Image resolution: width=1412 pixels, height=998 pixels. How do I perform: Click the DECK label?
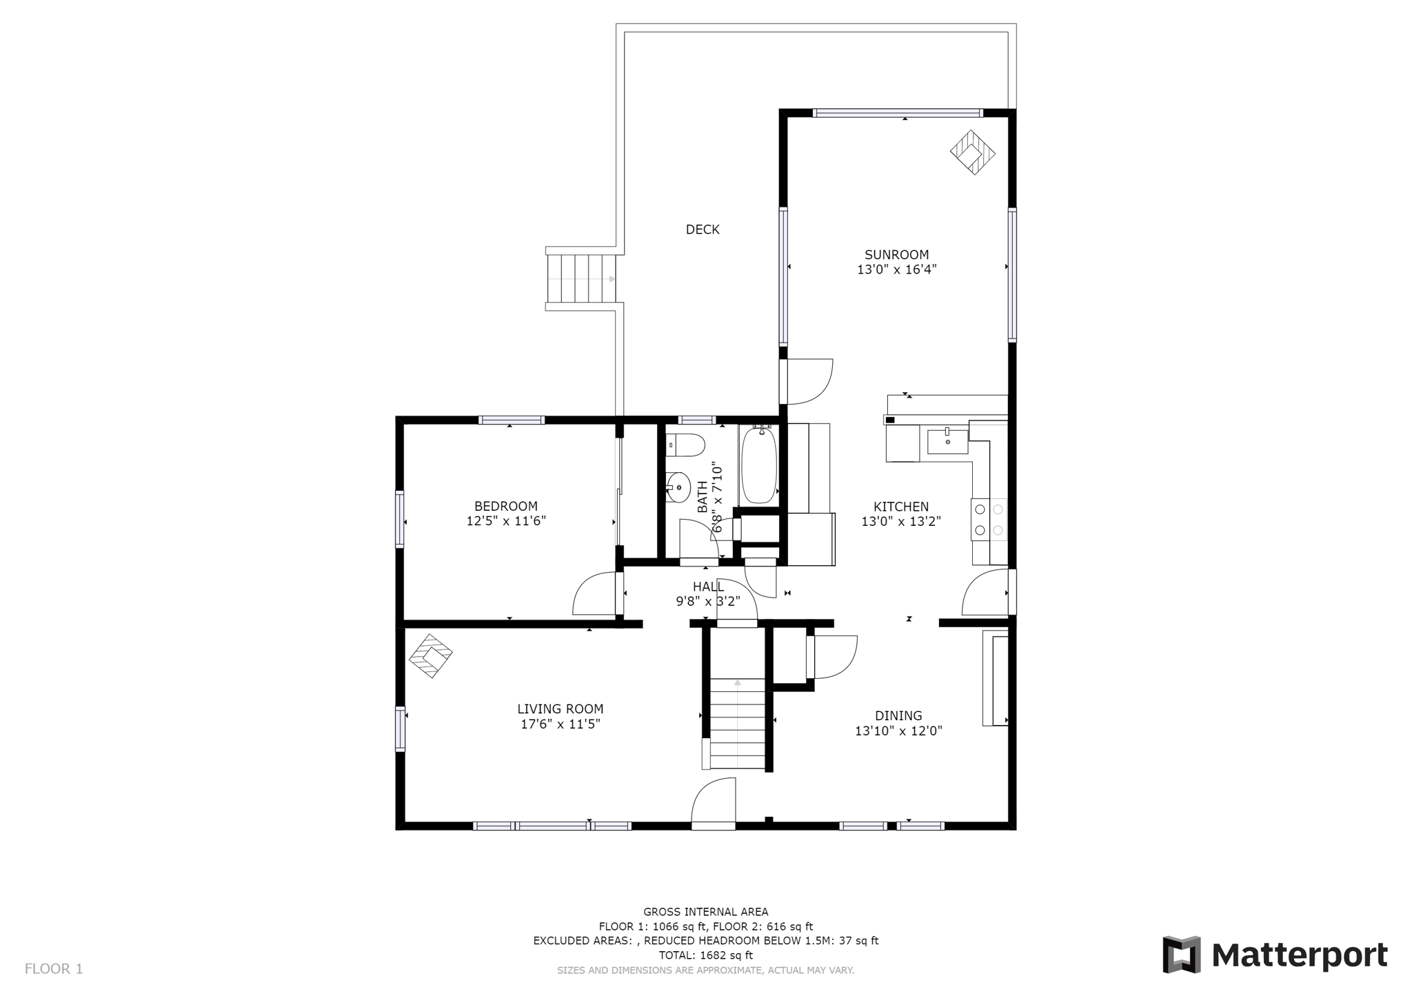pos(702,230)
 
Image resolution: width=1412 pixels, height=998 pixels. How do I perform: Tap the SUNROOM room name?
pos(896,255)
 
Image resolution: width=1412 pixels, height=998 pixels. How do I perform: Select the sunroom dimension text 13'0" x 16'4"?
pos(896,269)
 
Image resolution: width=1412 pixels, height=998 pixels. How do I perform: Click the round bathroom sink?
pos(678,488)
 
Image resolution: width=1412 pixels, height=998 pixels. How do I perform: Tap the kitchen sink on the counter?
pos(947,441)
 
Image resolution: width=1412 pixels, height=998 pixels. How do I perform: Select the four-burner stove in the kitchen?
pos(989,520)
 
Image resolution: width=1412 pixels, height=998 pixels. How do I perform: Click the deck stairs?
pos(581,278)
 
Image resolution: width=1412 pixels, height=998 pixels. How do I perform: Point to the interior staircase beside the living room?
pos(737,724)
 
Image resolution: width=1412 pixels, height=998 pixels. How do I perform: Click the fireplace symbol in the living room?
pos(430,655)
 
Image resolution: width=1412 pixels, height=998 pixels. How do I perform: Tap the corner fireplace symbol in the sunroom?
pos(972,152)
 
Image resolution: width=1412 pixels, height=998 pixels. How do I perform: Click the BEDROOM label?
pos(505,507)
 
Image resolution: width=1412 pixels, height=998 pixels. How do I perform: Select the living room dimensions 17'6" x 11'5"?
pos(560,724)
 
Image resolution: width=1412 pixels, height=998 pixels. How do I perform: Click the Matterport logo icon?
pos(1181,955)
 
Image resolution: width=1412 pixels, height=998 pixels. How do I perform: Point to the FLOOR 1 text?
pos(54,969)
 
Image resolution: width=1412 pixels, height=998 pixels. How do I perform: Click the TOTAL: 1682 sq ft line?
pos(705,955)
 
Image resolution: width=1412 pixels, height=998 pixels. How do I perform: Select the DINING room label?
pos(898,716)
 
